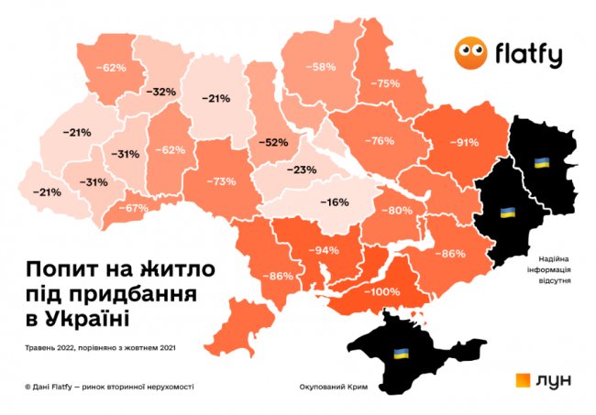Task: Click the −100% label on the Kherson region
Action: coord(386,291)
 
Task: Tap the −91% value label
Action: coord(465,143)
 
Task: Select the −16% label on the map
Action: coord(334,201)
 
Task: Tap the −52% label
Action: coord(272,142)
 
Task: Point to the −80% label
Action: coord(400,211)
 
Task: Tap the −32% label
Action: coord(161,92)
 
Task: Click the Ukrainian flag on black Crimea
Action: coord(401,353)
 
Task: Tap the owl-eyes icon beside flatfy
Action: coord(471,54)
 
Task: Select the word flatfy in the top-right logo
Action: coord(529,55)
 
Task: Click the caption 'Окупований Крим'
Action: coord(333,388)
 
